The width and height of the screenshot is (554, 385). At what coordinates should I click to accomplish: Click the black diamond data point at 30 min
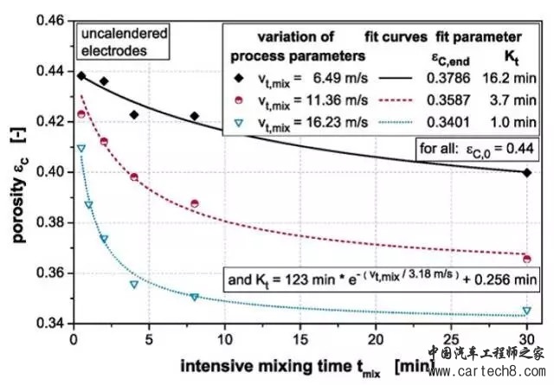[527, 172]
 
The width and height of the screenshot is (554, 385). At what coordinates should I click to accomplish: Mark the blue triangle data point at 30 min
[527, 311]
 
